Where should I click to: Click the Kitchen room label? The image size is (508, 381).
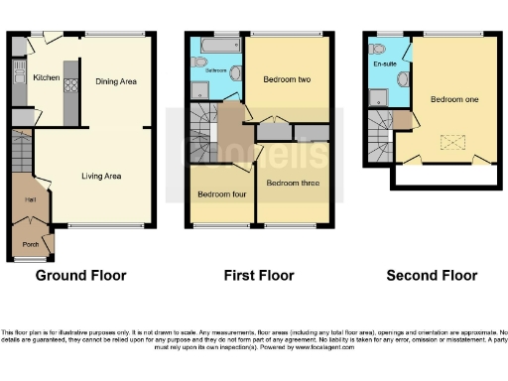coord(46,77)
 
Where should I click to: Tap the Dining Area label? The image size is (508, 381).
coord(115,82)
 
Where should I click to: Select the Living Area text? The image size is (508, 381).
coord(101,176)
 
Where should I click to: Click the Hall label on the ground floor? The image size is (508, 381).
coord(17,200)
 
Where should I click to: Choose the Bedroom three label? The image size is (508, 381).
coord(291,183)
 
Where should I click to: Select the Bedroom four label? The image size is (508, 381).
coord(220,194)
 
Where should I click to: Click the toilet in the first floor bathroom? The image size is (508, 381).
coord(234,71)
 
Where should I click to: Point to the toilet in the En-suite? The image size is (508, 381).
coord(370,47)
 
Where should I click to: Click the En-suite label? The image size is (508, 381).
coord(385,64)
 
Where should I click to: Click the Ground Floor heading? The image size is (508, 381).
coord(81,276)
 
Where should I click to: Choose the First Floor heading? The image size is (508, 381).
coord(259,276)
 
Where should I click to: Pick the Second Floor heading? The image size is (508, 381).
coord(432,276)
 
